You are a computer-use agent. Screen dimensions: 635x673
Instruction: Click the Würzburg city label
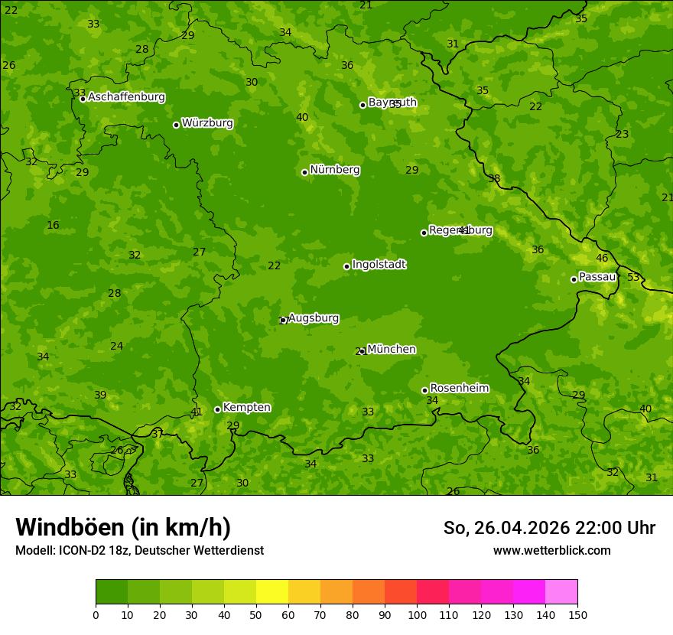(207, 122)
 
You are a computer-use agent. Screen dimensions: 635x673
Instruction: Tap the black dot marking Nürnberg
(304, 172)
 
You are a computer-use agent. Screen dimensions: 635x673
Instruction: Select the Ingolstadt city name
(379, 264)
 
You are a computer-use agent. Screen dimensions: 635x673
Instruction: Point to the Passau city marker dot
(574, 279)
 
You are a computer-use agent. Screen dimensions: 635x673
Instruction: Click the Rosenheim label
(459, 388)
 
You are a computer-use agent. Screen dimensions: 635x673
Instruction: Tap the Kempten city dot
(217, 409)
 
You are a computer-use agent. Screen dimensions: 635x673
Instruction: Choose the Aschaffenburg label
(126, 96)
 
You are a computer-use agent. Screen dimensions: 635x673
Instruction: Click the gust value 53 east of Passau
(633, 277)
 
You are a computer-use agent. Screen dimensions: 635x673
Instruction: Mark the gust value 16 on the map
(53, 225)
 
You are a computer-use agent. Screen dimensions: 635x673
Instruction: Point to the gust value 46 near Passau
(602, 258)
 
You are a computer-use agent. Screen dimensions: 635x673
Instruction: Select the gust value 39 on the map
(100, 395)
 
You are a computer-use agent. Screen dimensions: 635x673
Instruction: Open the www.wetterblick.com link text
(551, 550)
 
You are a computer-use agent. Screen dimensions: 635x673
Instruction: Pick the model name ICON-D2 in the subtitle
(83, 550)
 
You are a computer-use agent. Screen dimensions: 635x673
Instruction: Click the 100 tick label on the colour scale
(417, 614)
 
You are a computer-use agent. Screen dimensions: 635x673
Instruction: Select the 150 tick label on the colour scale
(577, 614)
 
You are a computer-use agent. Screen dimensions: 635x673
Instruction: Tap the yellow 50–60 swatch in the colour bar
(272, 592)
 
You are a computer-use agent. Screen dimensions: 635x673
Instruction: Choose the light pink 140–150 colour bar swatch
(561, 592)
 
